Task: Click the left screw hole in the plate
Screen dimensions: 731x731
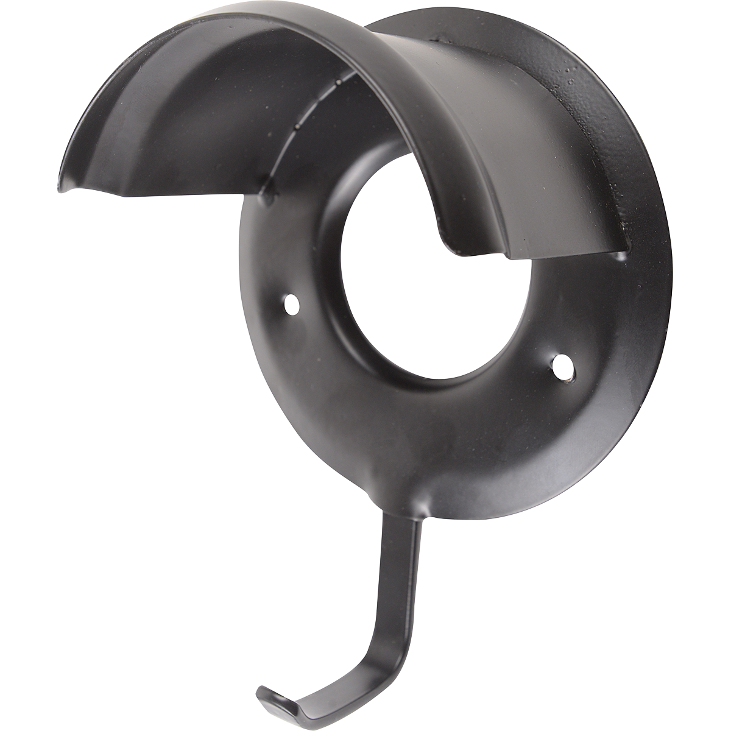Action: pyautogui.click(x=292, y=303)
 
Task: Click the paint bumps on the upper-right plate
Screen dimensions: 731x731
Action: pyautogui.click(x=573, y=85)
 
